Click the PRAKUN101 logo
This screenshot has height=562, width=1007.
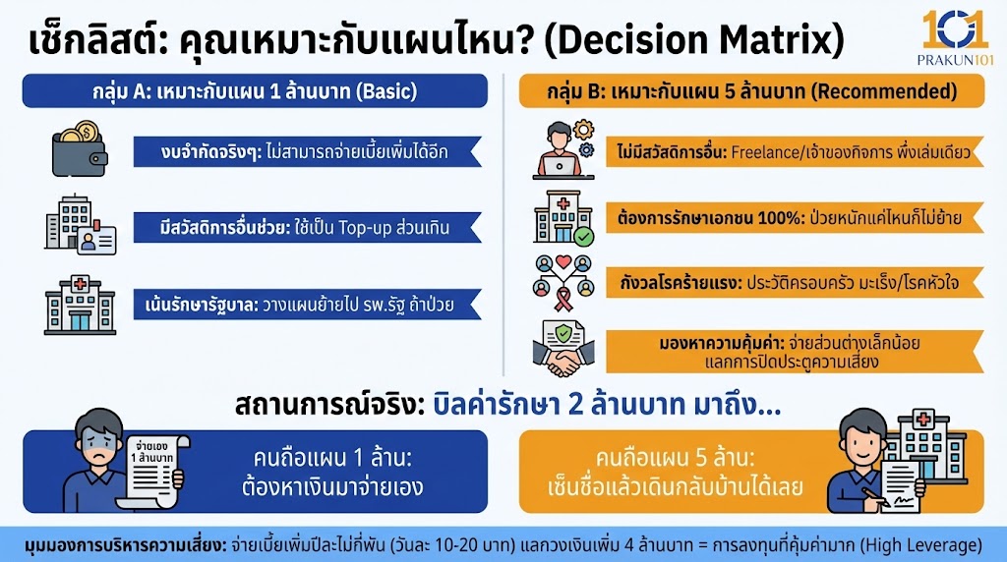tap(955, 38)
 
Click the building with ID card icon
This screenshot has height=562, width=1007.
tap(80, 227)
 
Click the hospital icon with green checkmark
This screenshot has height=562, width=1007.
tap(563, 217)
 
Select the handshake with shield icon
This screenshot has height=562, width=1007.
tap(563, 348)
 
